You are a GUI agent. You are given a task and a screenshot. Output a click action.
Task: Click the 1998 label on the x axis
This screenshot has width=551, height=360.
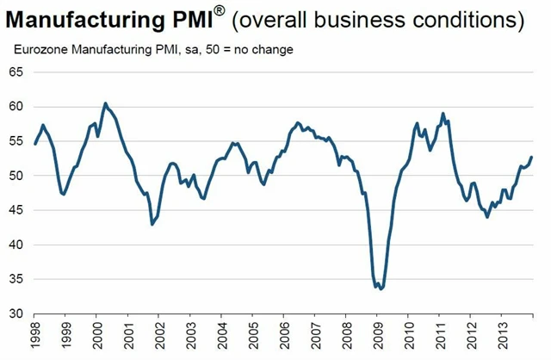[x=35, y=334]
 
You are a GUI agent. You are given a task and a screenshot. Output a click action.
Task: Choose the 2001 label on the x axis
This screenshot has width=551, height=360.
[x=129, y=334]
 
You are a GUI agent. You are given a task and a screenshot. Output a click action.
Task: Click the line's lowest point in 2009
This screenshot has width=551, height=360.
[x=381, y=289]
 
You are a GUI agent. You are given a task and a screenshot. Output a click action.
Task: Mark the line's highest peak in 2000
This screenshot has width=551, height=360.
[x=105, y=103]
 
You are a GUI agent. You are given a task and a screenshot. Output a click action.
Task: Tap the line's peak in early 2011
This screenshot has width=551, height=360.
[x=443, y=114]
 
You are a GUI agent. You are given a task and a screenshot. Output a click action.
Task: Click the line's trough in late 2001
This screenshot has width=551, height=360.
[x=152, y=224]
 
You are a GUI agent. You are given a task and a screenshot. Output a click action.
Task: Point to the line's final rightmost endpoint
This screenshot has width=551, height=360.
[x=531, y=157]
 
